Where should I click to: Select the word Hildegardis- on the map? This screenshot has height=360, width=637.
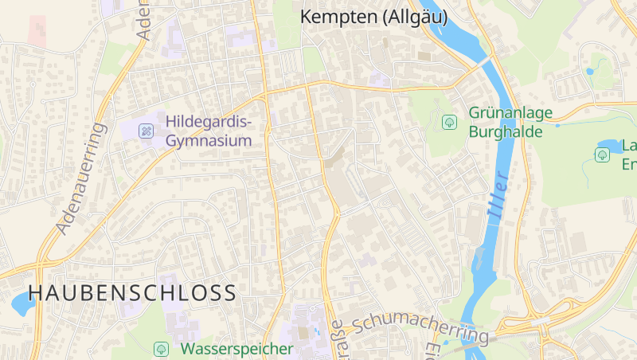click(x=209, y=123)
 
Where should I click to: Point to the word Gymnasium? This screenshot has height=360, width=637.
click(x=208, y=140)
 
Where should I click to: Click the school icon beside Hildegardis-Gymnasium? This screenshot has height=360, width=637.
click(x=146, y=130)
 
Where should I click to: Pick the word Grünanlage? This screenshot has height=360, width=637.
click(x=510, y=113)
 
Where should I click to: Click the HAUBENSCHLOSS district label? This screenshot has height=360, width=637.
click(x=132, y=292)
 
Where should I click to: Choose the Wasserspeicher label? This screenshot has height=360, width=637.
click(x=236, y=349)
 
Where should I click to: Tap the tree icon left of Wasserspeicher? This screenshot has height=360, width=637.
click(x=161, y=349)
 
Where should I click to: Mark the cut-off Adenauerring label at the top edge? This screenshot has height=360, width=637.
click(x=144, y=20)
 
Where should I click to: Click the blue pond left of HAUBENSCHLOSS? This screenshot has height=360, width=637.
click(x=18, y=303)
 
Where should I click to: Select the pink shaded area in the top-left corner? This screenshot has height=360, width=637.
click(x=37, y=29)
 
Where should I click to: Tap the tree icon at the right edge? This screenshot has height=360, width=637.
click(x=602, y=155)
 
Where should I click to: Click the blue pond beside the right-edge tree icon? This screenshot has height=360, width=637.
click(x=611, y=146)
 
